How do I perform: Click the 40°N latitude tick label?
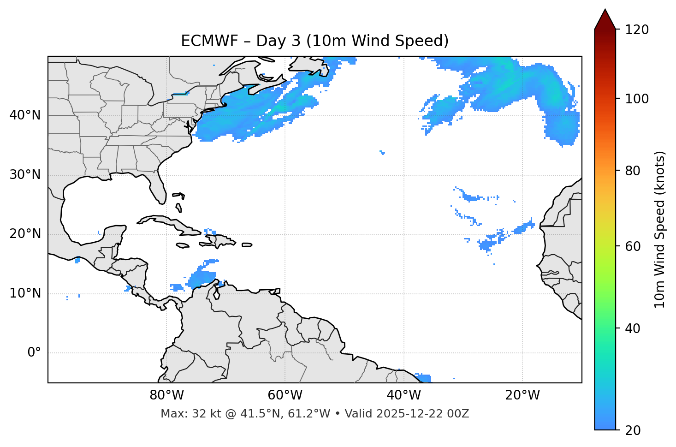[25, 115]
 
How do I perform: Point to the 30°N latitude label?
[25, 175]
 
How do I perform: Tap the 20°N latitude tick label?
[25, 234]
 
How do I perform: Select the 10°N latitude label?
[25, 293]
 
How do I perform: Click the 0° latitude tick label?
[34, 353]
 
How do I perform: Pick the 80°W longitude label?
[166, 395]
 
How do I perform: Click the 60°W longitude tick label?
[285, 395]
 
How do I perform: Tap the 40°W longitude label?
[403, 395]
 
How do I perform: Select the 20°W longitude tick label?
[522, 395]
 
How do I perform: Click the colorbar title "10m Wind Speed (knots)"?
[660, 229]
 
